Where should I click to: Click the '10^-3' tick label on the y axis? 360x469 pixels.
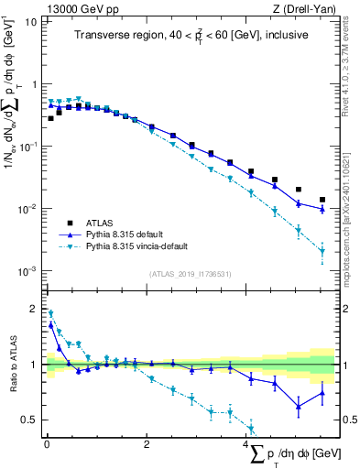[28, 271]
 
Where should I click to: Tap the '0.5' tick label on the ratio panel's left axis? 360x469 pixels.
[29, 420]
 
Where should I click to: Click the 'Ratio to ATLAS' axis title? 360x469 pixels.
[12, 364]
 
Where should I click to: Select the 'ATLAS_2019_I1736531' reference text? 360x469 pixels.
[190, 274]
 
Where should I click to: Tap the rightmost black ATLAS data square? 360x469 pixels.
[322, 200]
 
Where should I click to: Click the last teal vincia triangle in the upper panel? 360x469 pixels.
[322, 251]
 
